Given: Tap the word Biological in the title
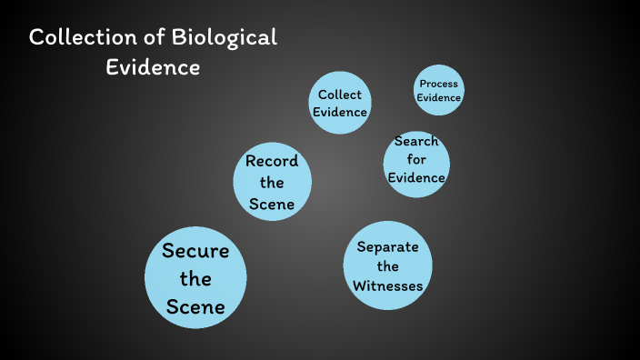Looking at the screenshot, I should click(225, 39).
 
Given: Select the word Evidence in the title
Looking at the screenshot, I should click(154, 67).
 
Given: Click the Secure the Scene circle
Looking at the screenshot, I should click(195, 278).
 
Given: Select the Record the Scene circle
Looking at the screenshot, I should click(272, 182).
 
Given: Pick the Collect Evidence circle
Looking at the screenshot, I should click(340, 103).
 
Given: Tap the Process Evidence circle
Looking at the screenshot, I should click(438, 91).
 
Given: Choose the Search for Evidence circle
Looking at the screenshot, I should click(416, 160).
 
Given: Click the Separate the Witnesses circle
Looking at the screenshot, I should click(387, 265).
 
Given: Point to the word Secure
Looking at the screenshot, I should click(195, 251).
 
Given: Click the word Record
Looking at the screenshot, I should click(272, 162).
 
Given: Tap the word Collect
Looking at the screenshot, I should click(340, 95).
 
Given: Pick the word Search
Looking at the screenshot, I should click(416, 142).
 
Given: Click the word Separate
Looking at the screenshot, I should click(387, 246).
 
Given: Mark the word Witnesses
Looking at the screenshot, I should click(387, 285).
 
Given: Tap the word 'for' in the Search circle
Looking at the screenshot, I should click(416, 160).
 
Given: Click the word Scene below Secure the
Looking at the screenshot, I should click(195, 307).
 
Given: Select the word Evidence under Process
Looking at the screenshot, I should click(438, 98).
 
